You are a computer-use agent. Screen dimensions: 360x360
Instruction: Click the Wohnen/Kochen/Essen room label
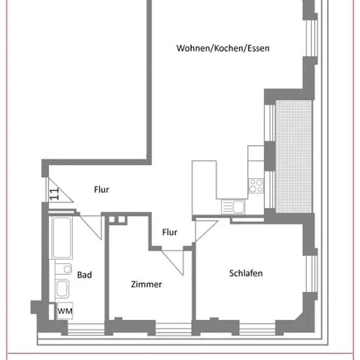223,48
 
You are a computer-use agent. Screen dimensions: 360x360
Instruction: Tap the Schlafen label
246,273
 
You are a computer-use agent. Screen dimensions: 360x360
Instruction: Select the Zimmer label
147,284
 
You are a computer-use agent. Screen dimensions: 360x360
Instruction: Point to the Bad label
84,275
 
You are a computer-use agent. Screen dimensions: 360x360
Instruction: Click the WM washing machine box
65,311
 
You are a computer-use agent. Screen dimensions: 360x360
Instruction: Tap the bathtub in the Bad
62,238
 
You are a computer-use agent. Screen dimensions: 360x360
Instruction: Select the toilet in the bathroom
63,268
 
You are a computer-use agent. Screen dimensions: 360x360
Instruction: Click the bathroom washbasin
62,289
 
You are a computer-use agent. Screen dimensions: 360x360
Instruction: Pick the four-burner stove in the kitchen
256,186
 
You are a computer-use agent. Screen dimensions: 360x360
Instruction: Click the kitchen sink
233,207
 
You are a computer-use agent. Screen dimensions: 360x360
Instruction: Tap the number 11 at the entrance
54,194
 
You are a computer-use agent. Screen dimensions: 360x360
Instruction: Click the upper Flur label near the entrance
101,190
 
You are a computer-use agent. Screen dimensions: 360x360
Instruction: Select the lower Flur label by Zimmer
170,232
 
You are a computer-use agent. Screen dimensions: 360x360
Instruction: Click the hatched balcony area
294,156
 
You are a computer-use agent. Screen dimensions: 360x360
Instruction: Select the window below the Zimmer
173,329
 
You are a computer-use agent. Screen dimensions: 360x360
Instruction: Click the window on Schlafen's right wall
312,274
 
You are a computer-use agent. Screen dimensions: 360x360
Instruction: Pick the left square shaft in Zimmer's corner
112,219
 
